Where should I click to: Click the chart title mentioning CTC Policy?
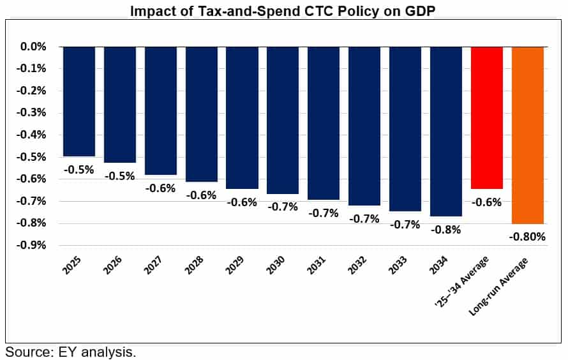(x=284, y=11)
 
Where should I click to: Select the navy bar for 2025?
(x=79, y=101)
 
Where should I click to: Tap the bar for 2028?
(x=202, y=114)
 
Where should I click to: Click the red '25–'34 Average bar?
(x=487, y=118)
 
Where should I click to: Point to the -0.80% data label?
(x=528, y=237)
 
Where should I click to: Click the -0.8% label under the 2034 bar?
(x=445, y=230)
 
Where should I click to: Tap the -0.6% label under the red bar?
(x=487, y=202)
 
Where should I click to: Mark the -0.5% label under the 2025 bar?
(x=79, y=170)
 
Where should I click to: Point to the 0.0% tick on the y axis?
(x=34, y=47)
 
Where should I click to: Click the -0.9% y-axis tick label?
(x=33, y=245)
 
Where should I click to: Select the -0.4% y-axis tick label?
(x=33, y=135)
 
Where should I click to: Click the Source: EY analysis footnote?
(x=71, y=352)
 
